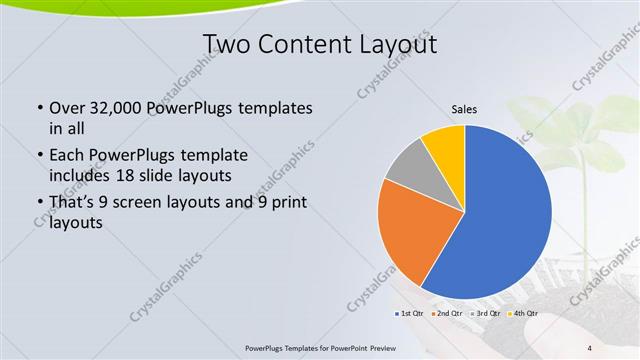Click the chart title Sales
coord(463,109)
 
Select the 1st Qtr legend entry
coord(411,313)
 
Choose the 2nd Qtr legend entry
coord(447,313)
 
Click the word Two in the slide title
coord(228,44)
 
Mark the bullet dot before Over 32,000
coord(38,107)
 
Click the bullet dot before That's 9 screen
coord(38,203)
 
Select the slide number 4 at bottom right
coord(590,348)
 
